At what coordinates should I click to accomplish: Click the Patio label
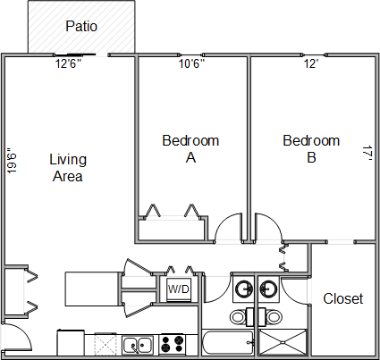pos(81,26)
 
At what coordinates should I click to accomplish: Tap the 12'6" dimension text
pos(68,63)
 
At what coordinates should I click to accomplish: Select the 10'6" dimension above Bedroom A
pos(191,63)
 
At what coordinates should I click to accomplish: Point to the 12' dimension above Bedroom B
pos(311,63)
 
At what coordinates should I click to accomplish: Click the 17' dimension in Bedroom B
pos(367,154)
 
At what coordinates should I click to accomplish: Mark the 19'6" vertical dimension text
pos(12,161)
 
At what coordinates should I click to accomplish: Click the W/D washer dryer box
pos(178,289)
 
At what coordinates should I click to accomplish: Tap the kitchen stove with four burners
pos(172,344)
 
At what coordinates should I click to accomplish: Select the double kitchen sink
pos(138,345)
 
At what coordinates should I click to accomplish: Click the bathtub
pos(228,342)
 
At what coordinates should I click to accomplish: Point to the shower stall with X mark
pos(283,342)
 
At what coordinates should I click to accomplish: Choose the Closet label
pos(343,298)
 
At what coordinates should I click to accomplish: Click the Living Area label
pos(68,168)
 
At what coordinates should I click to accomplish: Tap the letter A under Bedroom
pos(190,157)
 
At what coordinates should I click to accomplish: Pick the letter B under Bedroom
pos(311,157)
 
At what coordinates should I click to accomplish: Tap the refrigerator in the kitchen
pos(71,342)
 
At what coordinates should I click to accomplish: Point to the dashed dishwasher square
pos(106,345)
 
